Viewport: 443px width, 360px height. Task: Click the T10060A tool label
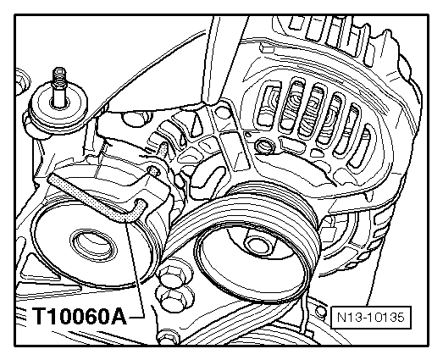point(80,317)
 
